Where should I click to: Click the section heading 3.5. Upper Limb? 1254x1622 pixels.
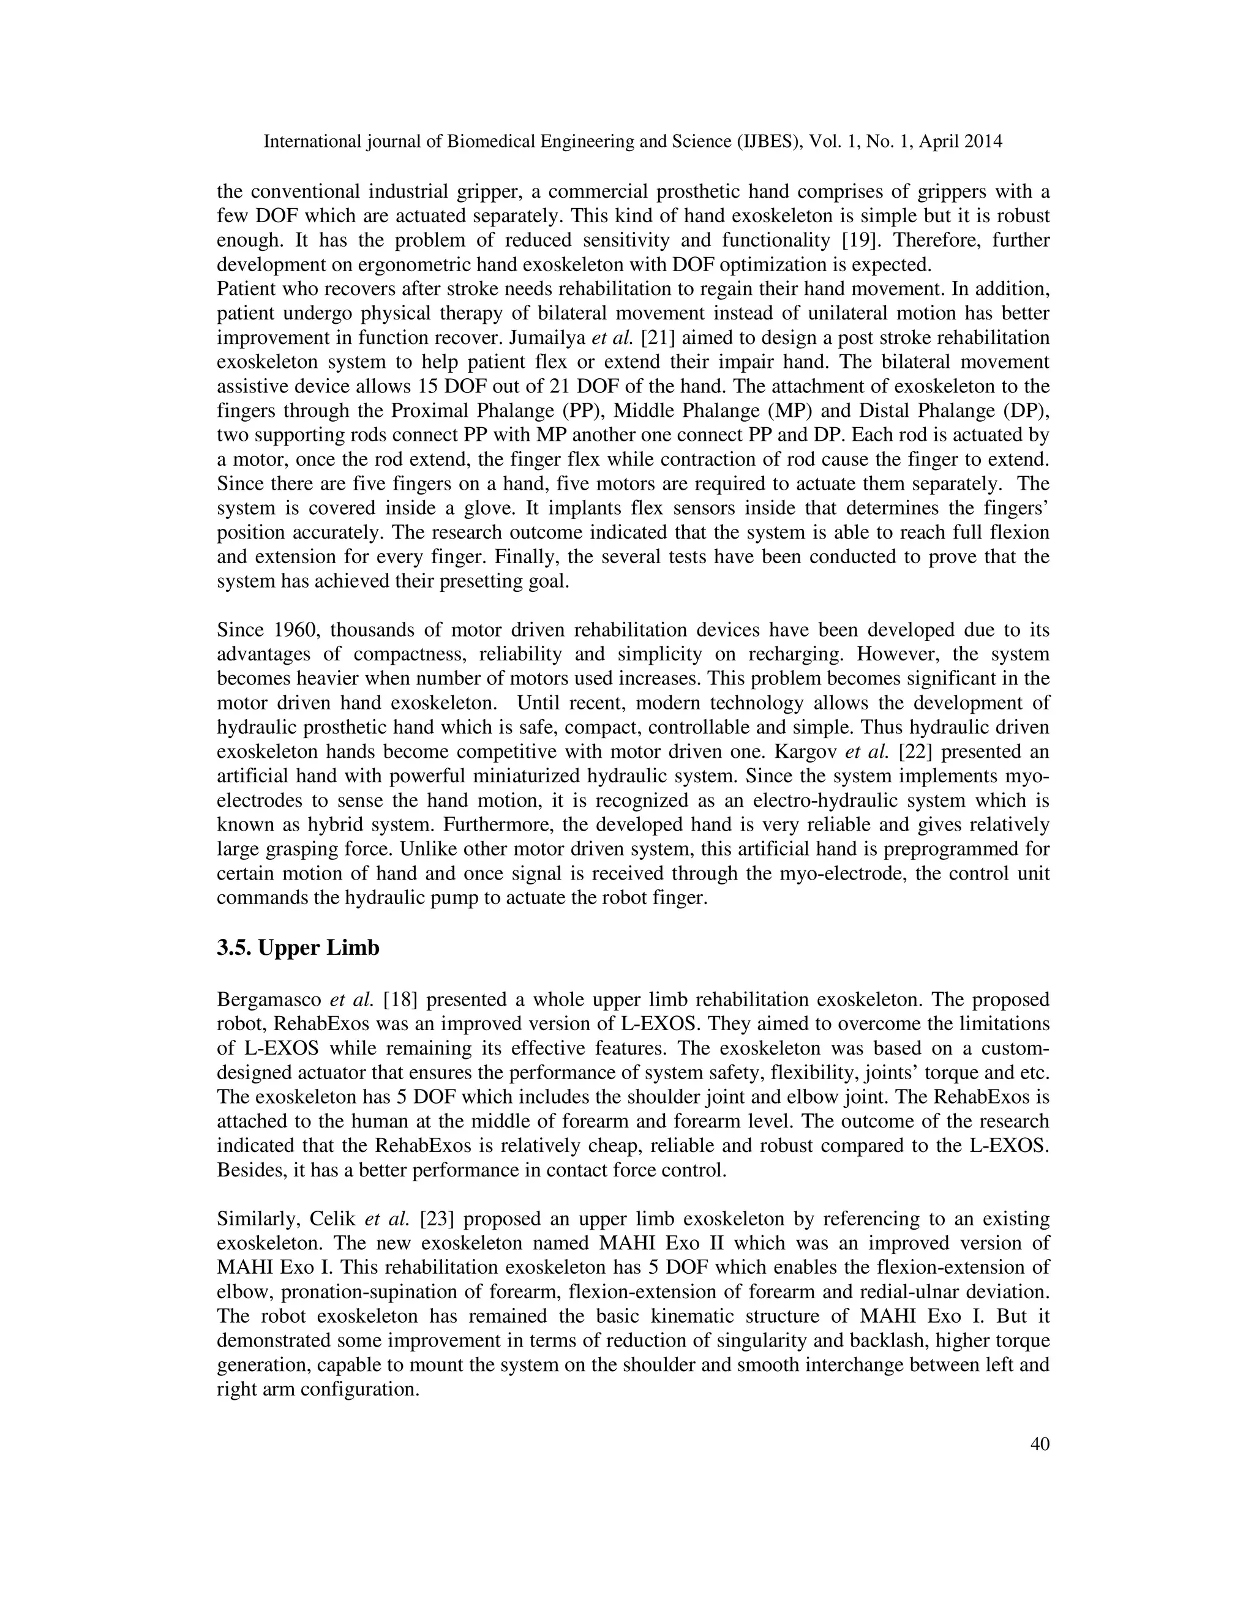point(298,948)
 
